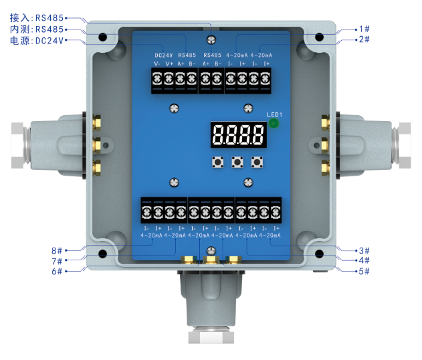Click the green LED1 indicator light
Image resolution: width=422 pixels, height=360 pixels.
point(274,124)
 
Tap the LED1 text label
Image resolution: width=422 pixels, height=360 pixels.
point(274,114)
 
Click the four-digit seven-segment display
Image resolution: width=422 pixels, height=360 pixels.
point(239,134)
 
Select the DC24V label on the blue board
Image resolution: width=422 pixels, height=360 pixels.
point(164,56)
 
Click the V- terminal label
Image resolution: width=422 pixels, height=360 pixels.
point(157,64)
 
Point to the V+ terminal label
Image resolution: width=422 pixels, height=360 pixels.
point(169,64)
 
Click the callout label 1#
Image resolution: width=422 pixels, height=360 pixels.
point(364,29)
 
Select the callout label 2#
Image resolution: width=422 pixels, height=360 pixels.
point(364,39)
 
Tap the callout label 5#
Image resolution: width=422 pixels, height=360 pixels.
point(364,271)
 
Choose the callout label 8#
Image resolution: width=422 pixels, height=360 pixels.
point(57,251)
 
